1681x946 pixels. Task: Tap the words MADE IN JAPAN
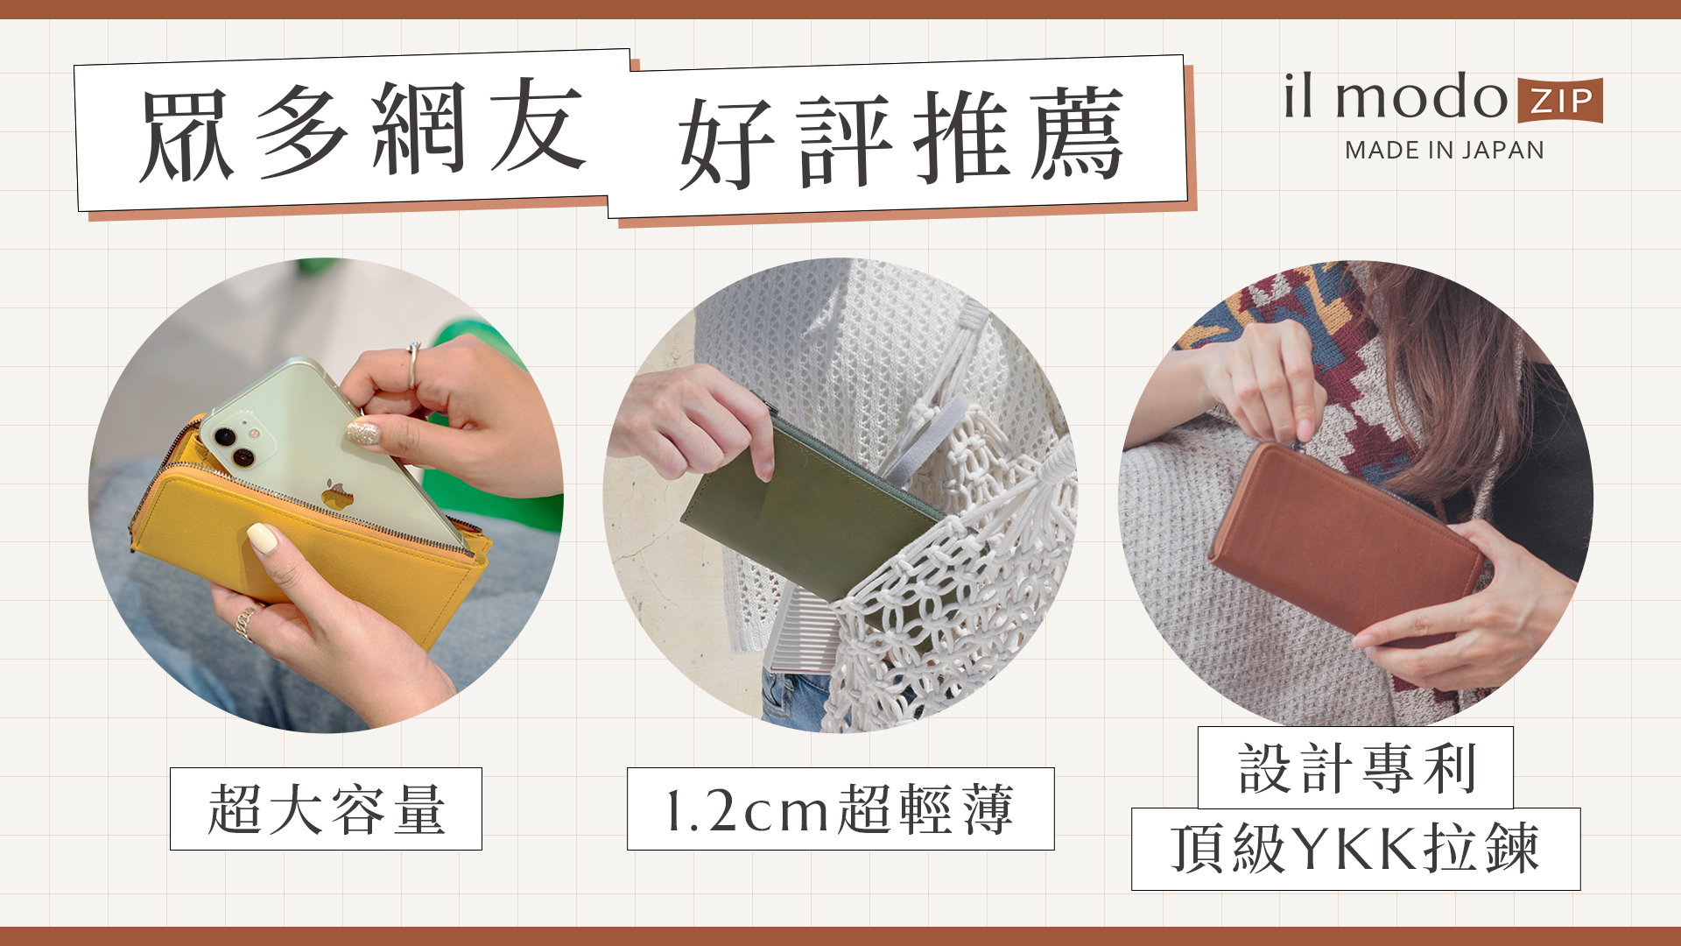point(1445,150)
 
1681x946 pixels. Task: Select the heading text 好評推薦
point(901,138)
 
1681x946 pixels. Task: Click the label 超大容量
point(326,808)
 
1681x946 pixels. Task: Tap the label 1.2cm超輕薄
point(840,808)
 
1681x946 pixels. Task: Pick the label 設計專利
point(1355,768)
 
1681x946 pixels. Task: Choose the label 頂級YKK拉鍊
point(1355,848)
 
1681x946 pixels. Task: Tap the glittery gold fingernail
point(363,432)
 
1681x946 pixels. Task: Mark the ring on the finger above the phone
point(412,365)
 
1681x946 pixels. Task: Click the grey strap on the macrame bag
point(928,438)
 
